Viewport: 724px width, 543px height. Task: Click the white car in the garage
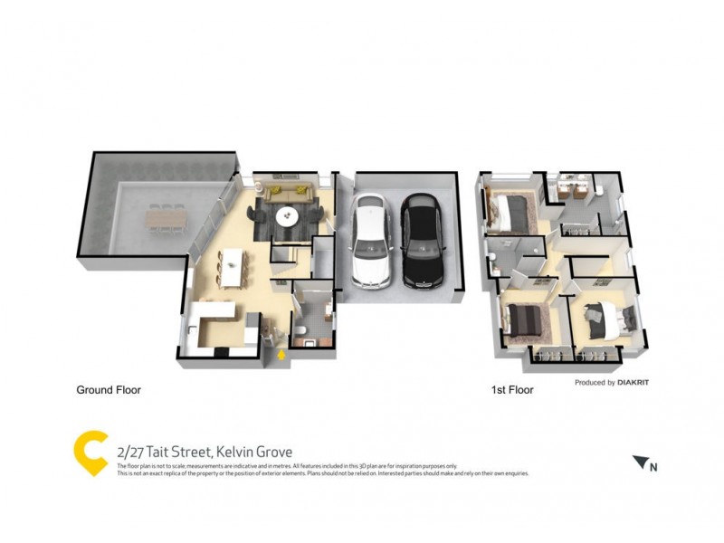click(372, 242)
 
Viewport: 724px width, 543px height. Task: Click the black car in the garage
click(424, 242)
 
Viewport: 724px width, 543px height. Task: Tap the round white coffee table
click(288, 215)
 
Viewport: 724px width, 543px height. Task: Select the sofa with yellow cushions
click(290, 192)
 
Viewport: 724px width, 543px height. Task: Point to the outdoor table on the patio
click(163, 219)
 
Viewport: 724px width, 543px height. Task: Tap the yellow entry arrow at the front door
click(281, 355)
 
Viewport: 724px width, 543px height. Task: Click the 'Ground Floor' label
click(108, 391)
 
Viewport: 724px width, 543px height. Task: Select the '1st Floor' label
click(511, 391)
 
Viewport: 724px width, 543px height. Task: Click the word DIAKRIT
click(633, 383)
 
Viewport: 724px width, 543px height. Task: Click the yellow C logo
click(90, 453)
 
